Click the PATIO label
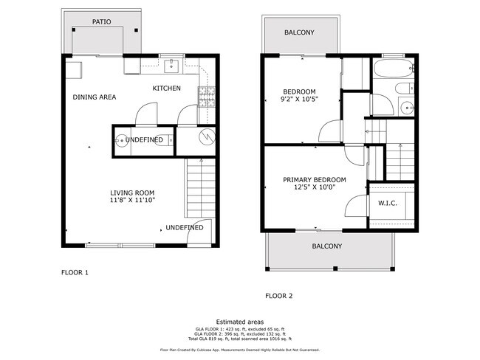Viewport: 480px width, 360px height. (x=102, y=22)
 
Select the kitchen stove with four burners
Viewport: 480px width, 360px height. (x=205, y=96)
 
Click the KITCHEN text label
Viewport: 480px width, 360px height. (x=166, y=89)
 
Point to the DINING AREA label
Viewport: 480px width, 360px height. (x=95, y=97)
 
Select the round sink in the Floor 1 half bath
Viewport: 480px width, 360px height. (x=120, y=139)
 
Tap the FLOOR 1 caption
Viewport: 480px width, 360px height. (x=75, y=272)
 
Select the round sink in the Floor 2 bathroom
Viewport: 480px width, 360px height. (x=405, y=108)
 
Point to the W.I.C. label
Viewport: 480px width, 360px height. (x=388, y=203)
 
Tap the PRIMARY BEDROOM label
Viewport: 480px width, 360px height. (x=315, y=179)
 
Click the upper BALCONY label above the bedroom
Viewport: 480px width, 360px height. (x=299, y=32)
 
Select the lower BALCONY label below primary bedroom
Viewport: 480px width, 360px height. (x=326, y=246)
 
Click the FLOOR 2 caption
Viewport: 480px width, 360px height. (x=279, y=296)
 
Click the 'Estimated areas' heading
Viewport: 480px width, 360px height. (x=240, y=322)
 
